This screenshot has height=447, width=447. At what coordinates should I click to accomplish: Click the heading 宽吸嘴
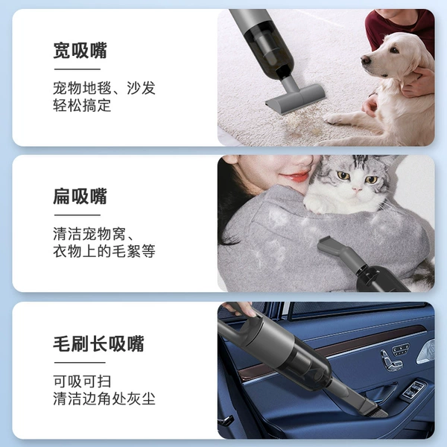pyautogui.click(x=80, y=51)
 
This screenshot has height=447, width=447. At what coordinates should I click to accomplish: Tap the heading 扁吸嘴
pyautogui.click(x=80, y=197)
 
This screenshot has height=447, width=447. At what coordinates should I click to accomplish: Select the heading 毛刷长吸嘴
pyautogui.click(x=98, y=343)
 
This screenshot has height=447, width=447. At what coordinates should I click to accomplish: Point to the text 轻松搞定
pyautogui.click(x=82, y=105)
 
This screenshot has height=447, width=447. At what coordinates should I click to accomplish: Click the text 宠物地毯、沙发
pyautogui.click(x=104, y=88)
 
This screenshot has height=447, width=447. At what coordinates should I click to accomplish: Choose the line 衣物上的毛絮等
pyautogui.click(x=104, y=251)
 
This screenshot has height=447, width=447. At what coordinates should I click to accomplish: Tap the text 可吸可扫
pyautogui.click(x=82, y=381)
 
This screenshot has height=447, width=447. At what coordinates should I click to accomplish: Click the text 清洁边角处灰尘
pyautogui.click(x=104, y=399)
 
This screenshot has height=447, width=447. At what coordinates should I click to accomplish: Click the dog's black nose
pyautogui.click(x=365, y=60)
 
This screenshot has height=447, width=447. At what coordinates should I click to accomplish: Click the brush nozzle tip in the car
pyautogui.click(x=378, y=410)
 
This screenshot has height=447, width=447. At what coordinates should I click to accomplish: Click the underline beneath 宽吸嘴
pyautogui.click(x=77, y=69)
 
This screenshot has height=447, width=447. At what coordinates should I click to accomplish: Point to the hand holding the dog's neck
pyautogui.click(x=419, y=81)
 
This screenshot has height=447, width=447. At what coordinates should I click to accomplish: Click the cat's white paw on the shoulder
pyautogui.click(x=315, y=206)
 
